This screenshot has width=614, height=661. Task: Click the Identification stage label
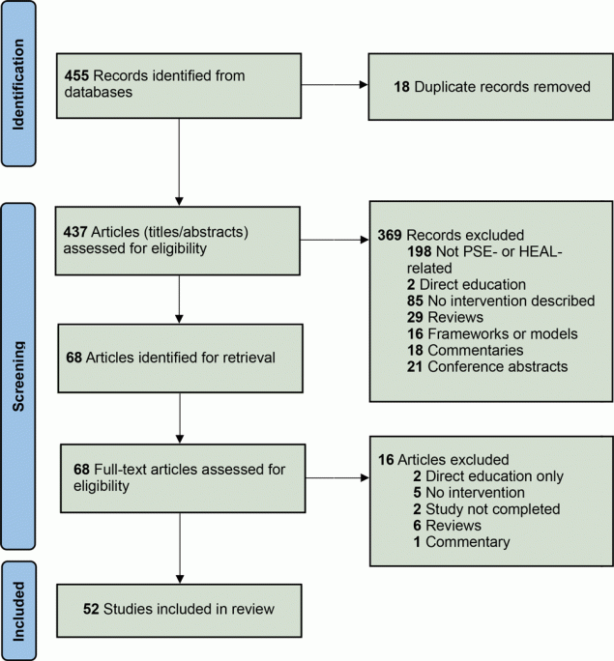click(x=20, y=85)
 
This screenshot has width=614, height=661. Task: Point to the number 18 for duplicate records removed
click(x=401, y=86)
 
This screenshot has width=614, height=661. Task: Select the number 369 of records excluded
click(x=390, y=235)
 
